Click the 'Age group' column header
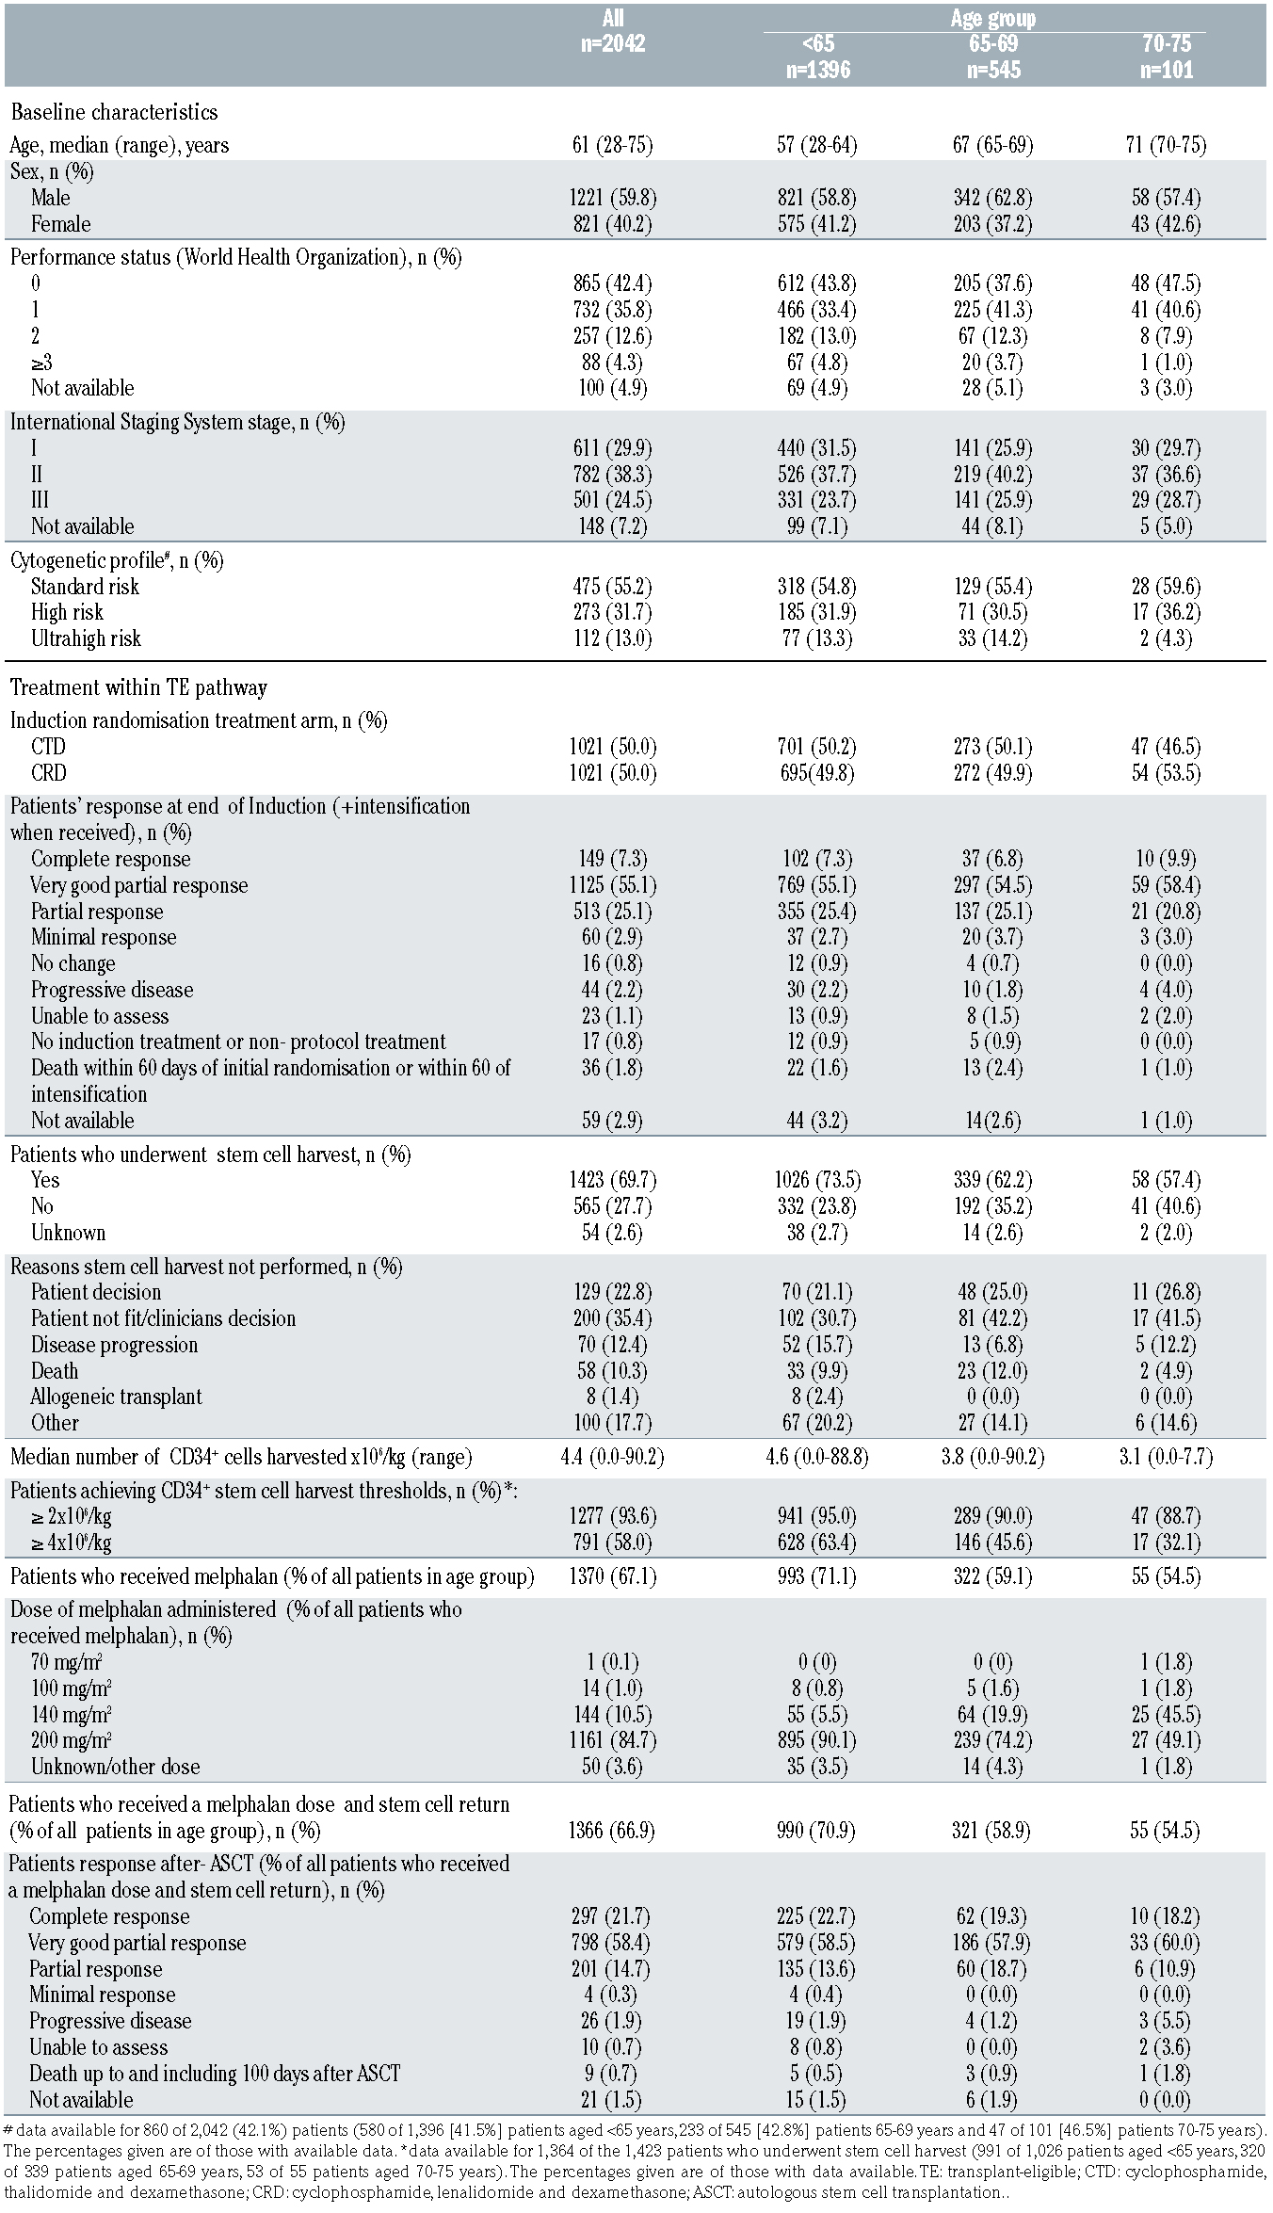pos(992,18)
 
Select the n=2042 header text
pos(613,43)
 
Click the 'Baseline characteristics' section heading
pos(114,112)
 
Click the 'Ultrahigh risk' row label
pos(86,638)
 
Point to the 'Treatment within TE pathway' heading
pos(138,687)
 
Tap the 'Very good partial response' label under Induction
pos(139,885)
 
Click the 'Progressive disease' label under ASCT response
pos(110,2021)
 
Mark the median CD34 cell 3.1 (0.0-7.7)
pos(1169,1457)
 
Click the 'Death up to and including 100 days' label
pos(215,2074)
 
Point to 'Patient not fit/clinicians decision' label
pos(163,1318)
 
